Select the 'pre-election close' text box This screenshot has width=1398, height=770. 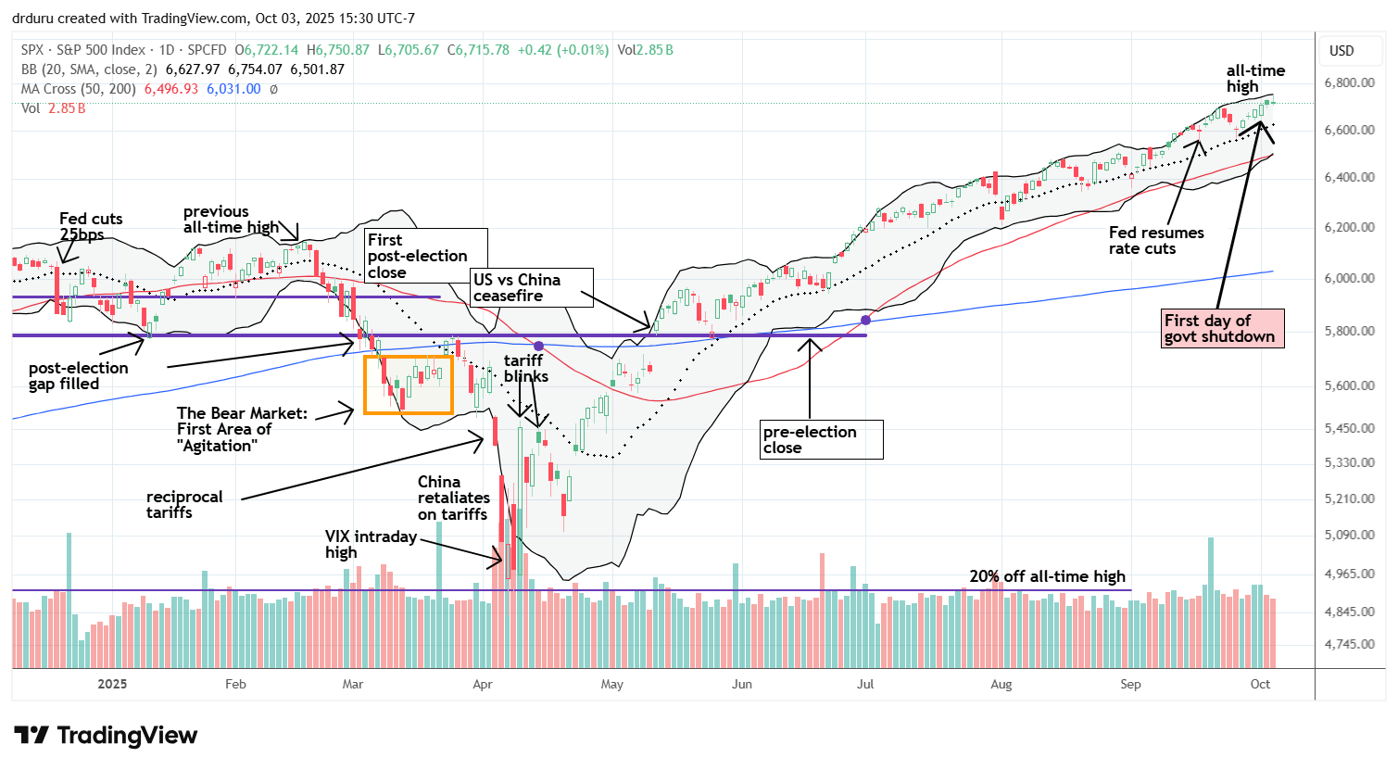coord(821,439)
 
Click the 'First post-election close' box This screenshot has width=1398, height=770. coord(425,256)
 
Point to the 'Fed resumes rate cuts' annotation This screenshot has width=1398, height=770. coord(1156,241)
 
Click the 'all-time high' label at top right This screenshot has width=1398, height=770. coord(1255,78)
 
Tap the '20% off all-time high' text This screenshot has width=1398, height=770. coord(1047,576)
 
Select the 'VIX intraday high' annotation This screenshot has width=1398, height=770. coord(370,545)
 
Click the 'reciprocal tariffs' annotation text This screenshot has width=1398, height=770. coord(184,504)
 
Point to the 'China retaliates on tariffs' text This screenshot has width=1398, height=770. coord(453,499)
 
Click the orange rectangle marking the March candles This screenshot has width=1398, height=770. coord(409,384)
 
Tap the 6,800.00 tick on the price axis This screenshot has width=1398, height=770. coord(1348,83)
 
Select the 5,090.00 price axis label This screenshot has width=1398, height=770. coord(1348,536)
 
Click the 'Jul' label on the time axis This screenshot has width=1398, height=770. coord(865,685)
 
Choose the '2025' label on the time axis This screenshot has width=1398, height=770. coord(112,685)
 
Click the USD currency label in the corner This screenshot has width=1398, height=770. coord(1341,51)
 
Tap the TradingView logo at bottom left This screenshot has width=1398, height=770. coord(106,736)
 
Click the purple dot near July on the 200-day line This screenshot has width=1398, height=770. coord(865,320)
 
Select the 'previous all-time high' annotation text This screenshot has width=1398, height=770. coord(230,220)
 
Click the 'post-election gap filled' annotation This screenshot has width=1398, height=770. coord(78,376)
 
